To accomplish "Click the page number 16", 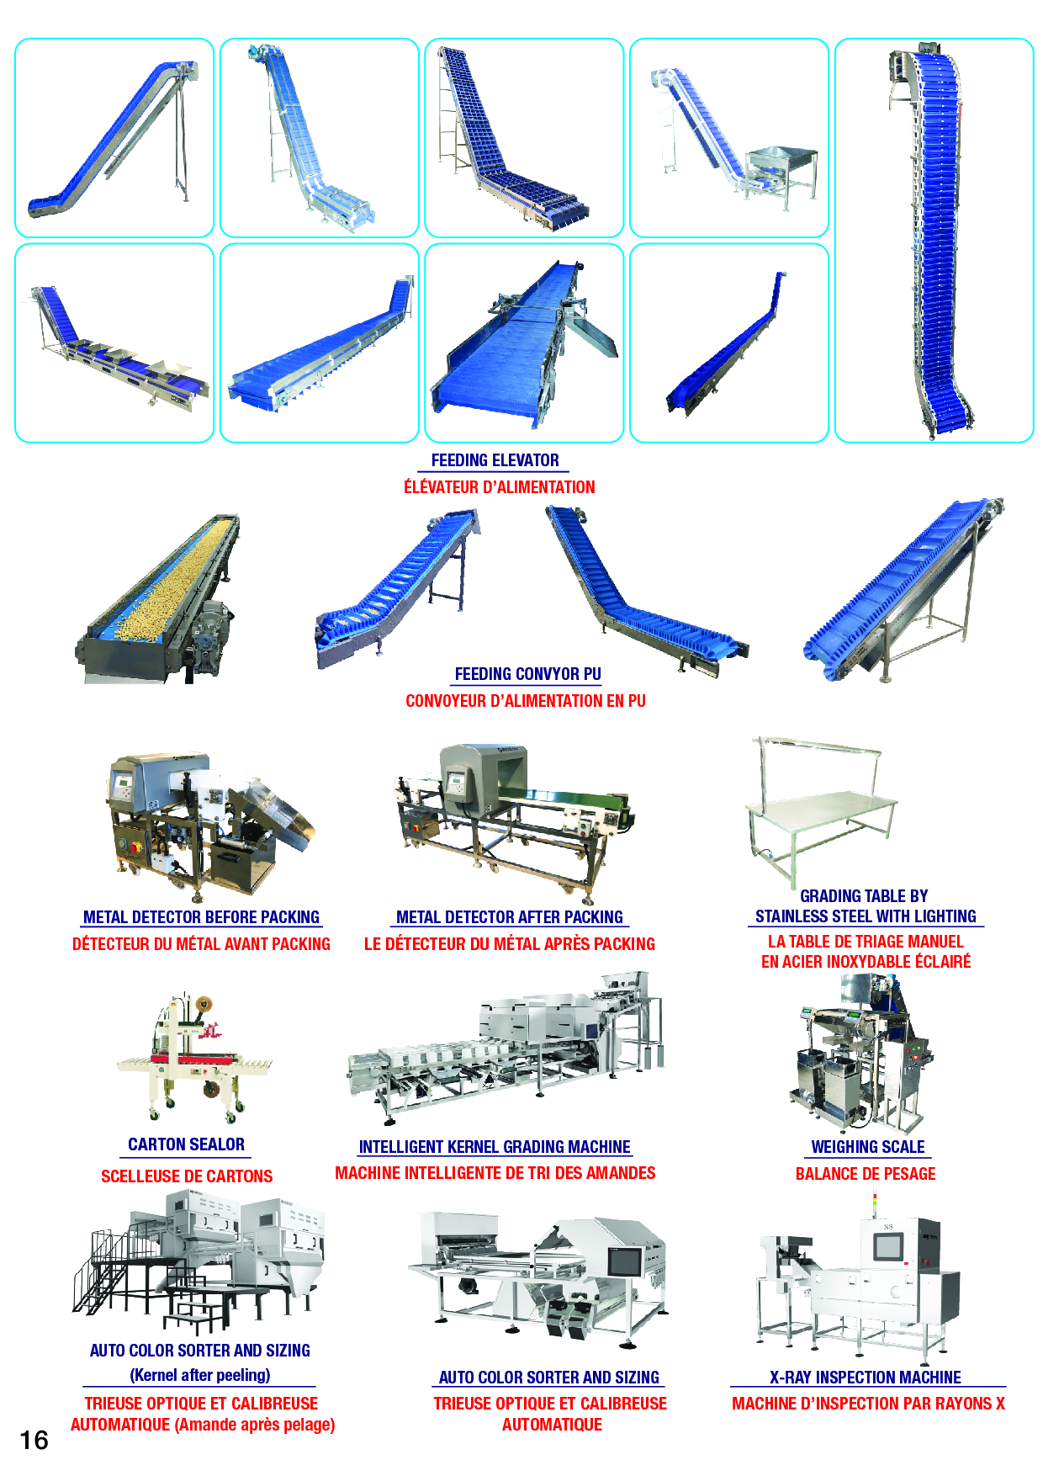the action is pos(34,1440).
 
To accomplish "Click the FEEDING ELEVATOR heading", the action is pos(495,460).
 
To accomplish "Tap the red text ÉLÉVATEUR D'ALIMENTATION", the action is pos(499,487).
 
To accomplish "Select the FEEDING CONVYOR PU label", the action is pos(527,674).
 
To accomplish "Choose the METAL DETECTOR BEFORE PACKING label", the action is pos(201,917).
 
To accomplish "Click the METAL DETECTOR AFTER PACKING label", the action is pos(510,917).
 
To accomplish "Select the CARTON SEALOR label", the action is pos(186,1144).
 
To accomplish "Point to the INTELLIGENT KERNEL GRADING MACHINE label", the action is pos(495,1147).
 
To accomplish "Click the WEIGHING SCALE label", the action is pos(867,1147).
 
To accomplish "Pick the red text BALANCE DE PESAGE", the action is pos(866,1174).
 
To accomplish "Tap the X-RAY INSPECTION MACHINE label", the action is pos(866,1378).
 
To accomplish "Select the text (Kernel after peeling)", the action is pos(200,1375).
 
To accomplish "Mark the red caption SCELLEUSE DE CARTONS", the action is pos(187,1176).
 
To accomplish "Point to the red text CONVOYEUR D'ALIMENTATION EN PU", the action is pos(526,701).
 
